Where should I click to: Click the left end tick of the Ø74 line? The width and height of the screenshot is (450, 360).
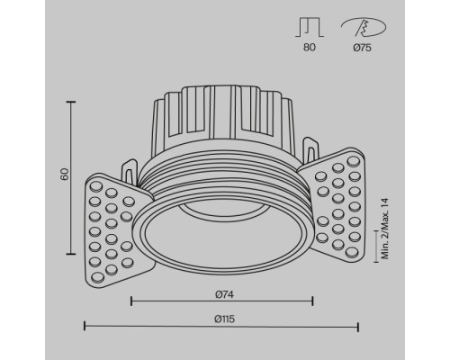click(132, 301)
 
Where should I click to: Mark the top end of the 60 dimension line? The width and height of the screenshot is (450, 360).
click(71, 103)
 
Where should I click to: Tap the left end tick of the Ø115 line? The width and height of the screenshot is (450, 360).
click(85, 326)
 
